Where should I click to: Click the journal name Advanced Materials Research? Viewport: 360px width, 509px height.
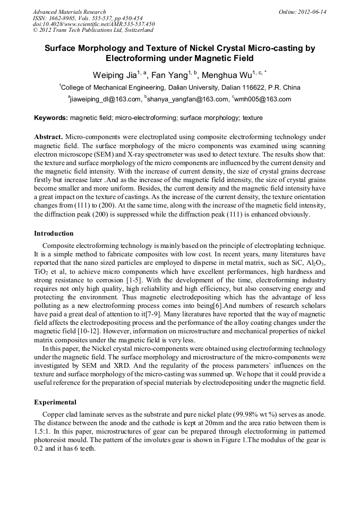coord(69,12)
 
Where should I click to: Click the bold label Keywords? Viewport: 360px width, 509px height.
coord(50,117)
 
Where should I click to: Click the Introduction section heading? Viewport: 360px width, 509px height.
coord(54,234)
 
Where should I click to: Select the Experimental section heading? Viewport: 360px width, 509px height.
coord(55,402)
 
